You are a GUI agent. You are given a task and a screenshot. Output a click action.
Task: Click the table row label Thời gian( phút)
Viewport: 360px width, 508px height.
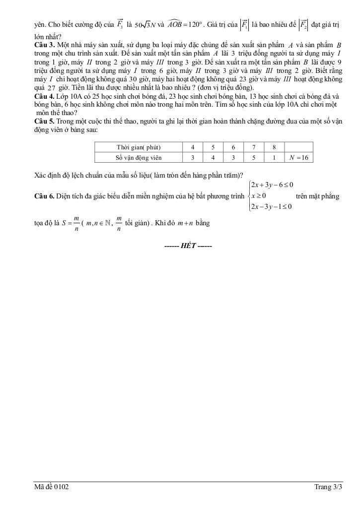(x=139, y=147)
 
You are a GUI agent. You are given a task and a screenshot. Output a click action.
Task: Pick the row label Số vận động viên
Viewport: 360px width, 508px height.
(x=139, y=158)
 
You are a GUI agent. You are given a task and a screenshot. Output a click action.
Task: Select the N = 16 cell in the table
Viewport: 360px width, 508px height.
(x=299, y=158)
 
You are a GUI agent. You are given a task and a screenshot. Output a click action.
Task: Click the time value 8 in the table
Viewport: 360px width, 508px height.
(x=274, y=147)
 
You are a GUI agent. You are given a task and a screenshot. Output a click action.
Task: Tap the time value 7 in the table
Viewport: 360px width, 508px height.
(x=253, y=147)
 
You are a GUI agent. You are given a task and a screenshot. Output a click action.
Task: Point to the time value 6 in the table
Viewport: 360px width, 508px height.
(x=233, y=147)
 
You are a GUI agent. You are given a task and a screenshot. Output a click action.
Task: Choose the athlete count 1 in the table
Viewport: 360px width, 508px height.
(x=274, y=158)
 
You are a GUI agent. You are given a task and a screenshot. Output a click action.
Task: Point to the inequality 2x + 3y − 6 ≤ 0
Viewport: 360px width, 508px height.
(x=272, y=185)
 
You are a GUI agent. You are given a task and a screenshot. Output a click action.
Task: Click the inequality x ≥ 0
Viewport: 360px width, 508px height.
(x=259, y=196)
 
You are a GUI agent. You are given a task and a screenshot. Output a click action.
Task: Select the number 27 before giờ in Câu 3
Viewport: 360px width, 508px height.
(x=52, y=88)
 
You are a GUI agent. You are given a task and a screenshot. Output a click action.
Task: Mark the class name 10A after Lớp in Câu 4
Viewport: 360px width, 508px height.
(x=81, y=96)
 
